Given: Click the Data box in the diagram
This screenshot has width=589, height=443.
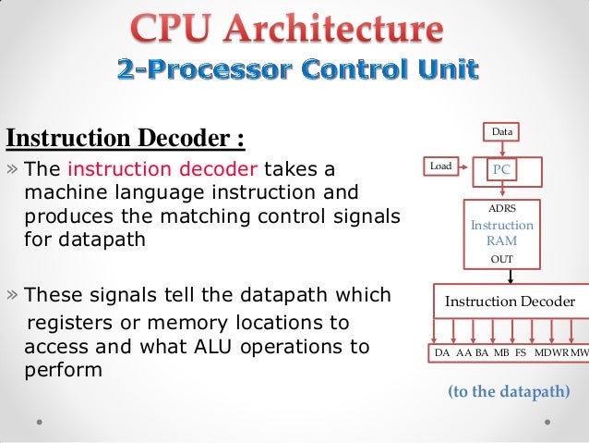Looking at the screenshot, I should point(501,132).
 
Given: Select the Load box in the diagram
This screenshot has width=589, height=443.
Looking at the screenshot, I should point(441,166).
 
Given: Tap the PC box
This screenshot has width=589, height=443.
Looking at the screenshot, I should point(501,170).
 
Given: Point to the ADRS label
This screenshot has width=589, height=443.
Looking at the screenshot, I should point(501,210).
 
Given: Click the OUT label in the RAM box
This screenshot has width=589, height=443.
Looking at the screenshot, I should point(501,259).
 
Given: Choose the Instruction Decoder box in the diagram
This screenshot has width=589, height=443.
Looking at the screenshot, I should point(510,301).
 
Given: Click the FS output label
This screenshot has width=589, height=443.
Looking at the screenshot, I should point(521,353).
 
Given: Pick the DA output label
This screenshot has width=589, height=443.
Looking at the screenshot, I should point(443,353).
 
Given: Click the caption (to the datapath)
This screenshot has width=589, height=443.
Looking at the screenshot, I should point(509,392).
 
